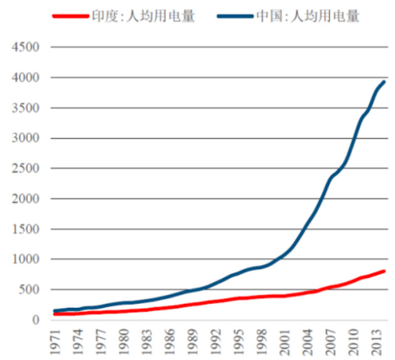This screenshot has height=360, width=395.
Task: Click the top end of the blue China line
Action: pos(385,82)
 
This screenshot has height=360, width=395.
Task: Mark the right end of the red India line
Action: pos(385,271)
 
